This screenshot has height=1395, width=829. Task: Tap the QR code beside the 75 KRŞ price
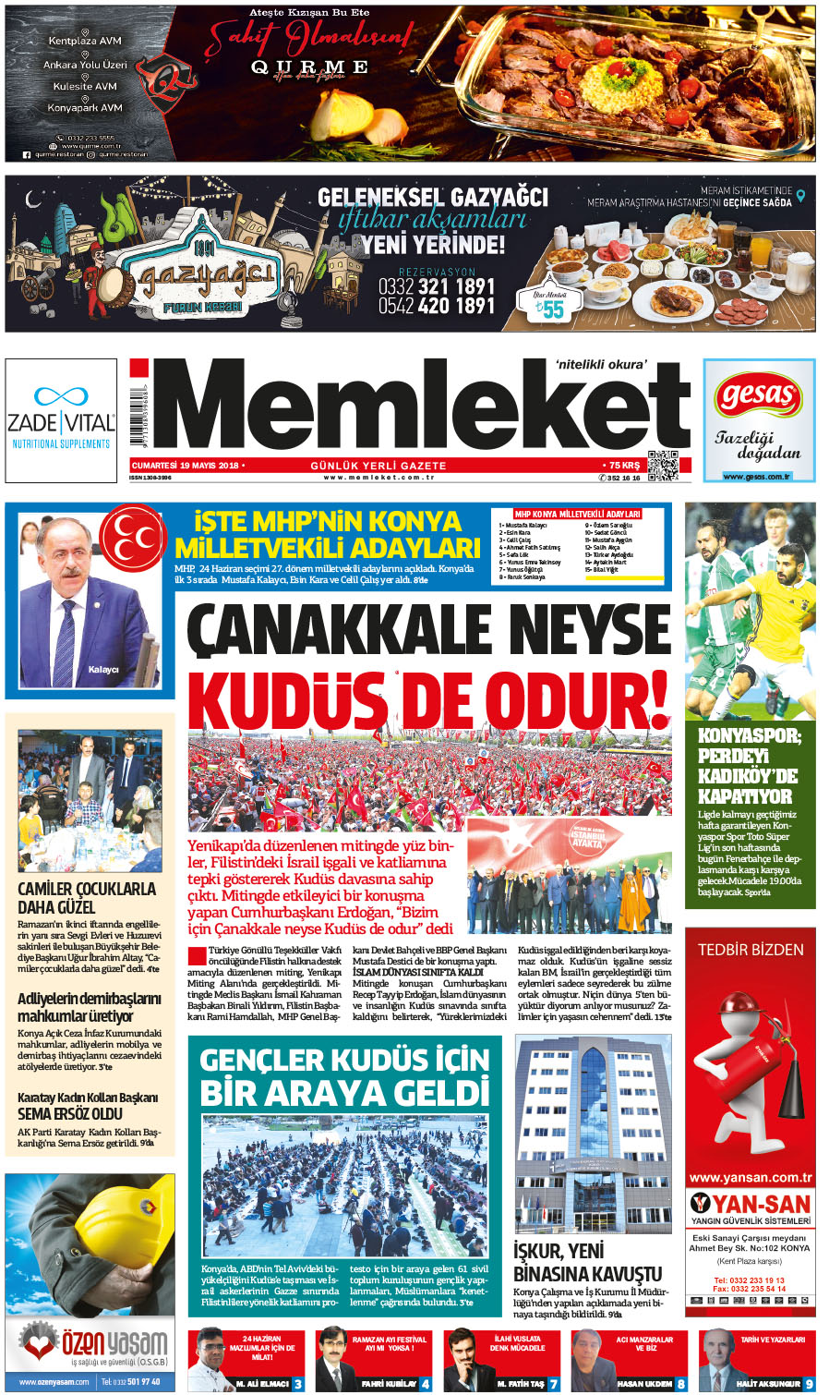(663, 466)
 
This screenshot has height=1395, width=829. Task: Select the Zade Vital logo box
(61, 420)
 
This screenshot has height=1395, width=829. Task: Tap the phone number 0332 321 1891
(437, 286)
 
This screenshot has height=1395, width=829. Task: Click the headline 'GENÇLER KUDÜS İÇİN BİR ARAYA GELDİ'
(344, 1076)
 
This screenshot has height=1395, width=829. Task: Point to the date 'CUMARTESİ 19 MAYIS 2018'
(185, 466)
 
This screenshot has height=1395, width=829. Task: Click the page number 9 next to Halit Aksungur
(809, 1383)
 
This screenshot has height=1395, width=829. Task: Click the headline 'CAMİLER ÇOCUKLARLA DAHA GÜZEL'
(87, 898)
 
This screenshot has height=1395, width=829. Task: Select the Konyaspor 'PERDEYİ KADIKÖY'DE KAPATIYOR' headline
(749, 766)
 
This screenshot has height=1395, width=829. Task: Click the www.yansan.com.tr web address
(750, 1178)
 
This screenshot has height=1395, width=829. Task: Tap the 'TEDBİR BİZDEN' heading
(750, 950)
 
